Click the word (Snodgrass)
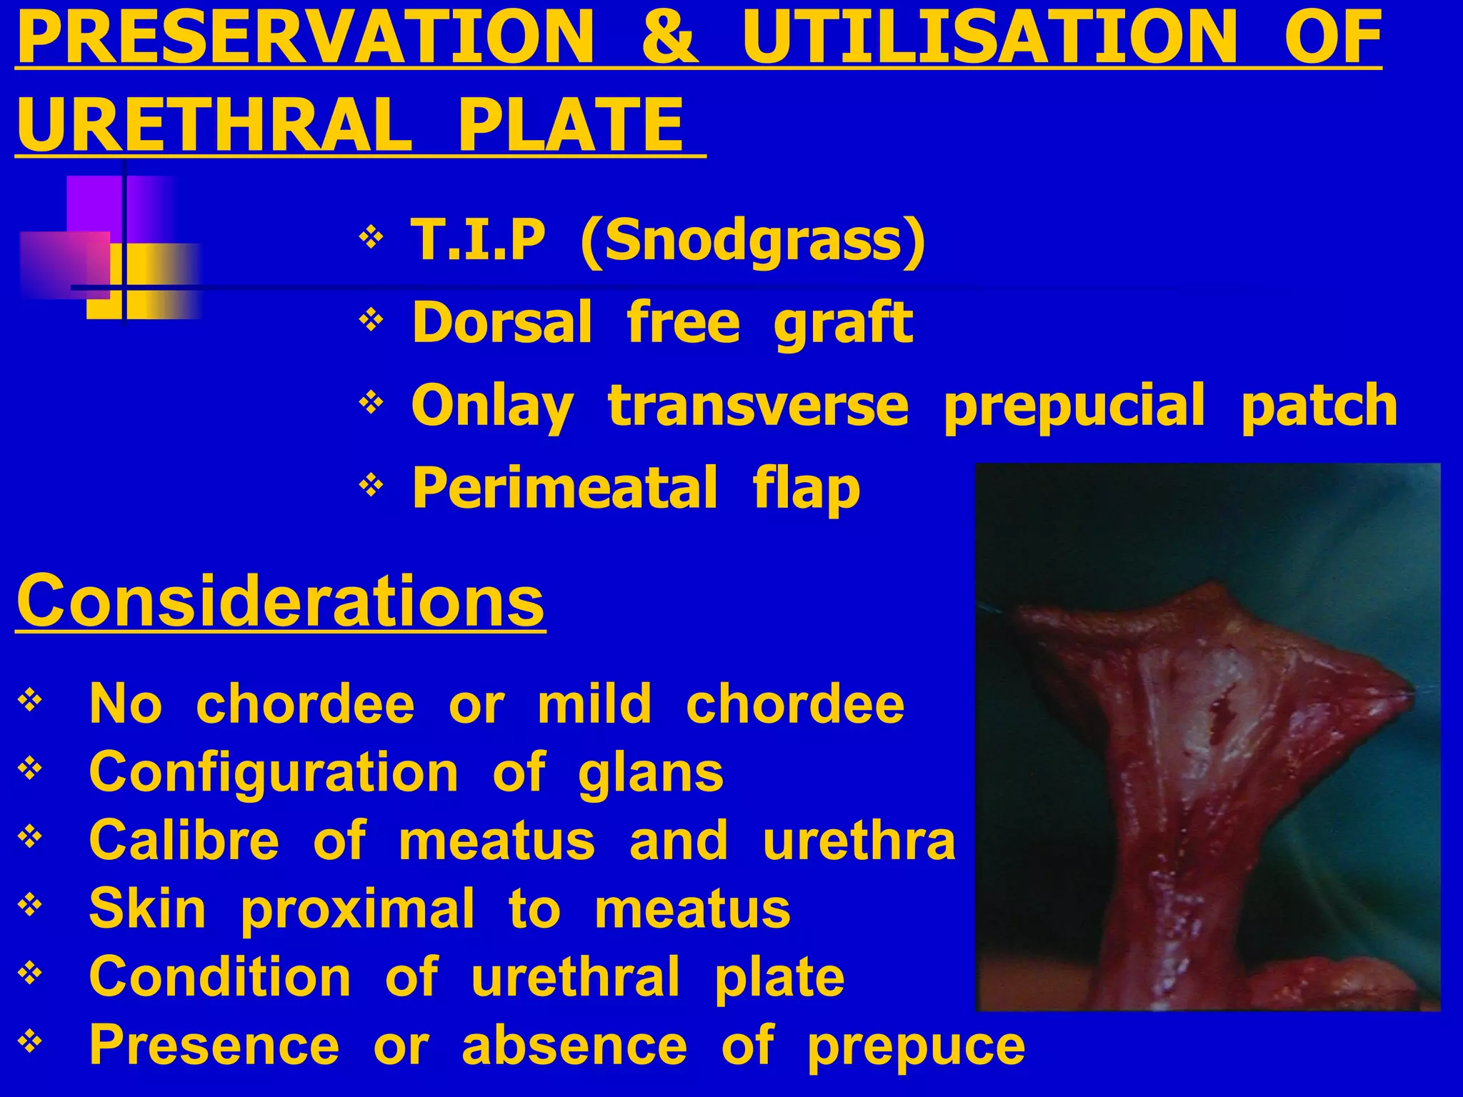(753, 241)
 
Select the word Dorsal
(502, 323)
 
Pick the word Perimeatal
(564, 488)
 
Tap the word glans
(650, 773)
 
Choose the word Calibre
(184, 841)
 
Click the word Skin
(147, 908)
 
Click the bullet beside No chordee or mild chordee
(29, 700)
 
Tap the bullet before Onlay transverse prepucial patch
(371, 404)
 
